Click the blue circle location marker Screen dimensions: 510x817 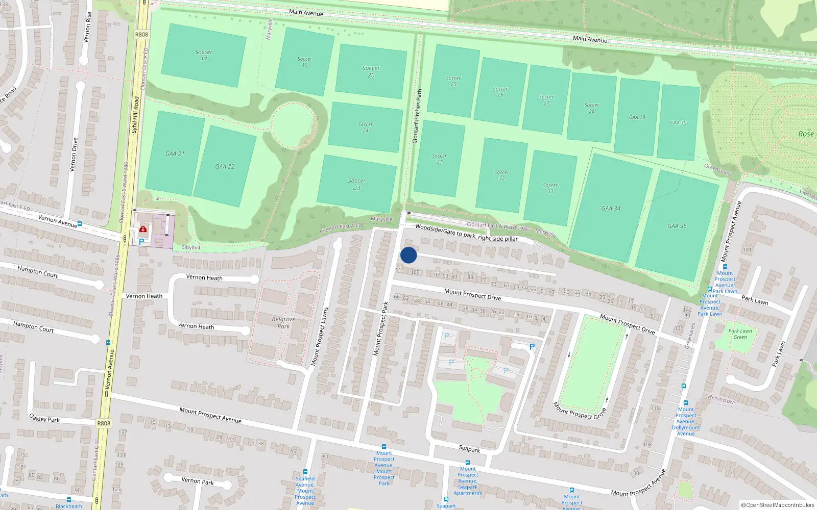click(408, 255)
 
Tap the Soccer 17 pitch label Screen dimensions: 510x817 click(204, 56)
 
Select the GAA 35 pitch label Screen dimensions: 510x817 click(677, 226)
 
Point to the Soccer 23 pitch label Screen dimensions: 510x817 click(357, 184)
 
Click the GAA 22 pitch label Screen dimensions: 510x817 click(225, 166)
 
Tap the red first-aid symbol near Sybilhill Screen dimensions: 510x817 click(143, 229)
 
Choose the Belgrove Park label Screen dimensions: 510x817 click(283, 322)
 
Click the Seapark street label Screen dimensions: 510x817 click(469, 449)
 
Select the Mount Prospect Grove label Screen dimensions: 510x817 click(580, 411)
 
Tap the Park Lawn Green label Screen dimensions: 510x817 click(740, 334)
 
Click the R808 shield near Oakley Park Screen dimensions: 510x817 click(104, 423)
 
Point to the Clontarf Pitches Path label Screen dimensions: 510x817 click(417, 116)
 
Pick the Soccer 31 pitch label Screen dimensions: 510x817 click(439, 159)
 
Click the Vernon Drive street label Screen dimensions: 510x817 click(74, 154)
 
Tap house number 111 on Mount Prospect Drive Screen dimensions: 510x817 click(400, 270)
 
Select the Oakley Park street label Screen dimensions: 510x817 click(44, 418)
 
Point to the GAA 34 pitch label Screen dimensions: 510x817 click(611, 208)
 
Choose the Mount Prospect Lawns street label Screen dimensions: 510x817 click(320, 337)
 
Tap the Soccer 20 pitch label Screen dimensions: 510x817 click(371, 71)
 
